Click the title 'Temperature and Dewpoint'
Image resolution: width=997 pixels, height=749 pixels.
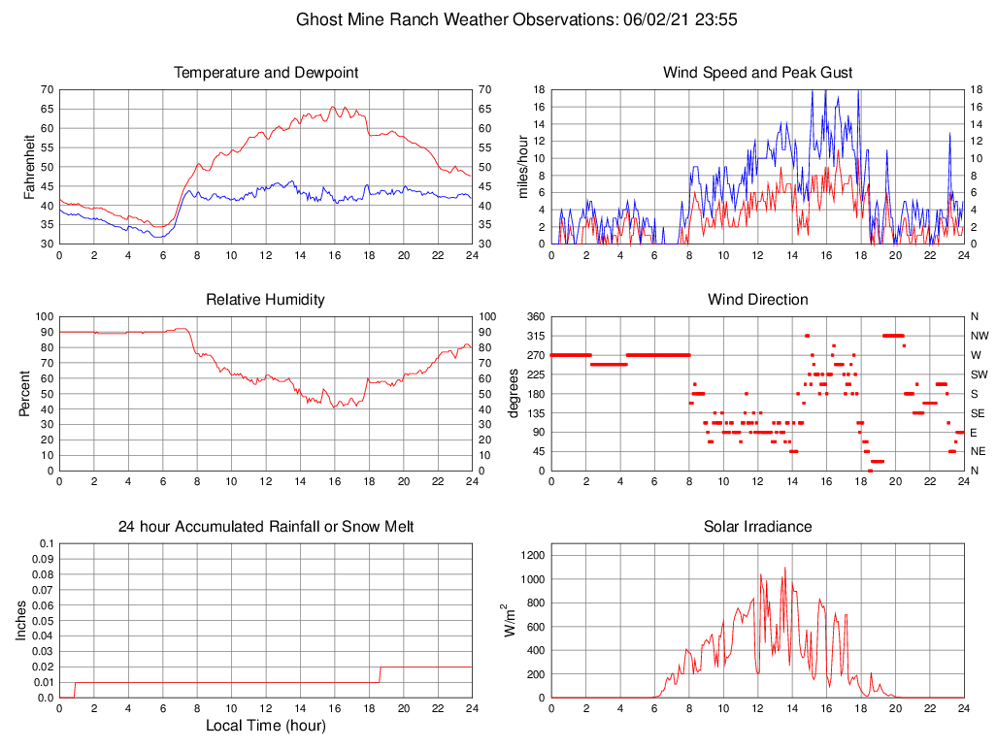(265, 73)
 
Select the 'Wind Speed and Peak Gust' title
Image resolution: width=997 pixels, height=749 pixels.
(757, 73)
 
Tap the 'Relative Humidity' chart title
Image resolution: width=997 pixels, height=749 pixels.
(265, 300)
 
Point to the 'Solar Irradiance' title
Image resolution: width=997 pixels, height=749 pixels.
(757, 527)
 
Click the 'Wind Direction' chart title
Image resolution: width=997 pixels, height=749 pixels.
(757, 300)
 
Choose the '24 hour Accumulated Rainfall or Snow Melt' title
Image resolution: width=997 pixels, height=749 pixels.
(265, 527)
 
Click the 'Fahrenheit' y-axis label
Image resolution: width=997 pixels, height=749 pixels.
(30, 166)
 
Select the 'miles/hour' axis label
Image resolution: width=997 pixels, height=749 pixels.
(523, 166)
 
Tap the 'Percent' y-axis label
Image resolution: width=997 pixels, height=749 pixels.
(25, 393)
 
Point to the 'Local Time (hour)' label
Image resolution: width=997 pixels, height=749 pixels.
(265, 725)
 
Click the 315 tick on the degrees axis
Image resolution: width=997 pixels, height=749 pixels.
(533, 336)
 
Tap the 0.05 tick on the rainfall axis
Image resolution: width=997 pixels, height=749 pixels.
(43, 621)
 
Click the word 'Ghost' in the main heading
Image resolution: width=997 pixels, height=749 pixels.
(318, 19)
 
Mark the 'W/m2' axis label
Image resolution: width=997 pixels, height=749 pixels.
(509, 620)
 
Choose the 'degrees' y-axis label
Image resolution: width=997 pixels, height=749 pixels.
(514, 393)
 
